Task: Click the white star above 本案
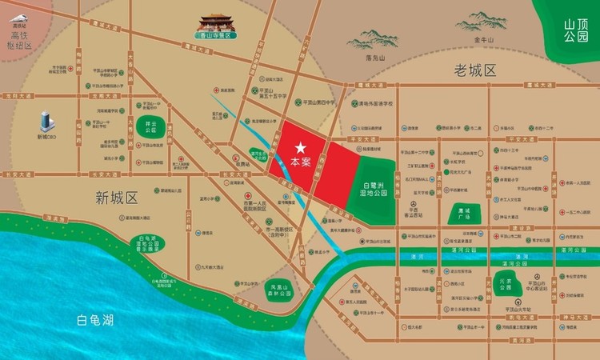pos(301,147)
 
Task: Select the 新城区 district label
pos(117,197)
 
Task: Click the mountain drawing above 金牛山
pos(486,22)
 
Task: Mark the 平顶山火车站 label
pos(507,308)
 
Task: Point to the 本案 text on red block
pos(301,161)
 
